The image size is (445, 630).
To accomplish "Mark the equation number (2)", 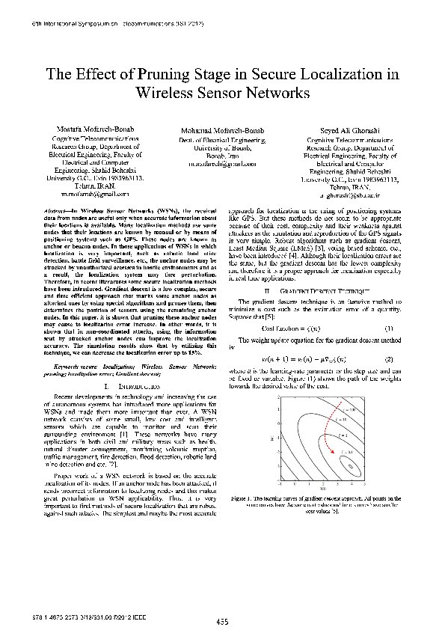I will coord(389,359).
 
